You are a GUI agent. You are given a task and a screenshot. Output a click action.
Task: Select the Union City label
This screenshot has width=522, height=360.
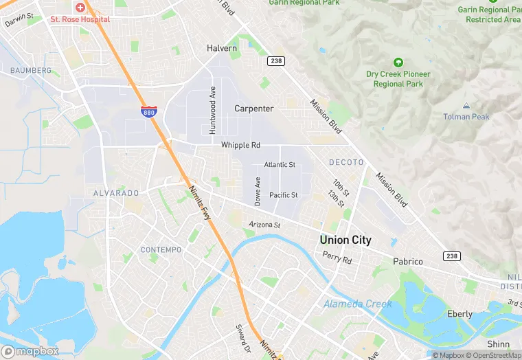click(x=345, y=240)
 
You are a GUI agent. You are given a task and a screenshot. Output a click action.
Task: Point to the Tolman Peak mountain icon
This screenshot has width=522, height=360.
click(x=466, y=106)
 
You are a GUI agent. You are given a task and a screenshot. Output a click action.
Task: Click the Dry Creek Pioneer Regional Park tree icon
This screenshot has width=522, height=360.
click(x=398, y=63)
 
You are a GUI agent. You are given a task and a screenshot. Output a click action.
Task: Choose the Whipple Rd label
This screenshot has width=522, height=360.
click(x=240, y=146)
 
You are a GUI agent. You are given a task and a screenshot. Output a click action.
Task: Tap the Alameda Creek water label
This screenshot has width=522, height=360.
click(x=358, y=304)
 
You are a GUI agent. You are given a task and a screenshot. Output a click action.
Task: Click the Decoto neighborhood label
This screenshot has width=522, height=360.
click(x=346, y=162)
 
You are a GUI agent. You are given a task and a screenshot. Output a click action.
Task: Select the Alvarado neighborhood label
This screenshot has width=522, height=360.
click(x=116, y=194)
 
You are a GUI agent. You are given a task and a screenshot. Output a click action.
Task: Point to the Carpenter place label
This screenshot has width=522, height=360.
click(x=254, y=109)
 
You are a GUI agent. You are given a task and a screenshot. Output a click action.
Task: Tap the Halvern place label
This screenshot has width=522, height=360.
click(x=222, y=49)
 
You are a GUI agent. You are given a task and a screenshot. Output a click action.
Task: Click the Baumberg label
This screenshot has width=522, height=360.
click(x=31, y=71)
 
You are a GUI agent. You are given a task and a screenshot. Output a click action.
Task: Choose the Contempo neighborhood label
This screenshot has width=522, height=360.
click(x=161, y=249)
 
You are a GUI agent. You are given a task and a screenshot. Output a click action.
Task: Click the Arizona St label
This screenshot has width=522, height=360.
click(x=264, y=225)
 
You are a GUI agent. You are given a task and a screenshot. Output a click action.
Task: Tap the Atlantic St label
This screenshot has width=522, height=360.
click(x=280, y=165)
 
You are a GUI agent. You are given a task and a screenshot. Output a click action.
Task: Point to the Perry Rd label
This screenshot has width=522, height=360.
click(x=337, y=260)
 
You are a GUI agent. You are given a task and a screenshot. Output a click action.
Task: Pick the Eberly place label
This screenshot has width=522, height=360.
click(x=459, y=314)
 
